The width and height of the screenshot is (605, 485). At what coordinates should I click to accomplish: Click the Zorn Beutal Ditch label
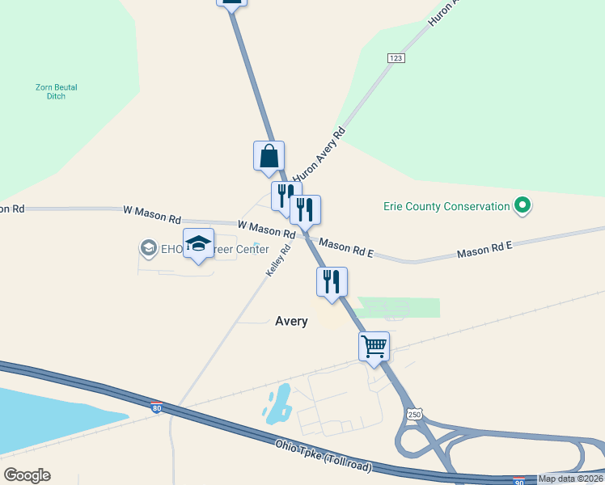tap(56, 91)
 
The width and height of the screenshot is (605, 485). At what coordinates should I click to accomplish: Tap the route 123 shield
tap(396, 58)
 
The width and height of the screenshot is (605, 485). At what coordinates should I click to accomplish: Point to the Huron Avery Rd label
tap(319, 154)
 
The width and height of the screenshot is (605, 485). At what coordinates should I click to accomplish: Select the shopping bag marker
tap(269, 156)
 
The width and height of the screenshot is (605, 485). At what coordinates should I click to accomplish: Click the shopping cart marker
tap(374, 346)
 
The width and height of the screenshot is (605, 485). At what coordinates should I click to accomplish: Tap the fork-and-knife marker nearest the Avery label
tap(332, 282)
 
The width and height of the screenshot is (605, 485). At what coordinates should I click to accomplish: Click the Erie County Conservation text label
tap(446, 206)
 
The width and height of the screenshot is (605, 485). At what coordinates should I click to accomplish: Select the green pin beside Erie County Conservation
tap(522, 206)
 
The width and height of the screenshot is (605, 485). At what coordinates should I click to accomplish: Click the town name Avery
tap(291, 321)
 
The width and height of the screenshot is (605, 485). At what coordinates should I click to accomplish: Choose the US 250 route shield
tap(414, 414)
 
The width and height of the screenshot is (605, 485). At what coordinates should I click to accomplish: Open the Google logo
tap(27, 475)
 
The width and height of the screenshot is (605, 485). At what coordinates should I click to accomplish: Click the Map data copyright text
tap(571, 479)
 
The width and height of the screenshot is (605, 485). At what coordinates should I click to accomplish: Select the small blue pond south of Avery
tap(277, 404)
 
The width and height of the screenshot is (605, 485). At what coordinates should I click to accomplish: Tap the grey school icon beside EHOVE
tap(148, 248)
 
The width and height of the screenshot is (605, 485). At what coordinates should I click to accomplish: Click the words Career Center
tap(240, 250)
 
